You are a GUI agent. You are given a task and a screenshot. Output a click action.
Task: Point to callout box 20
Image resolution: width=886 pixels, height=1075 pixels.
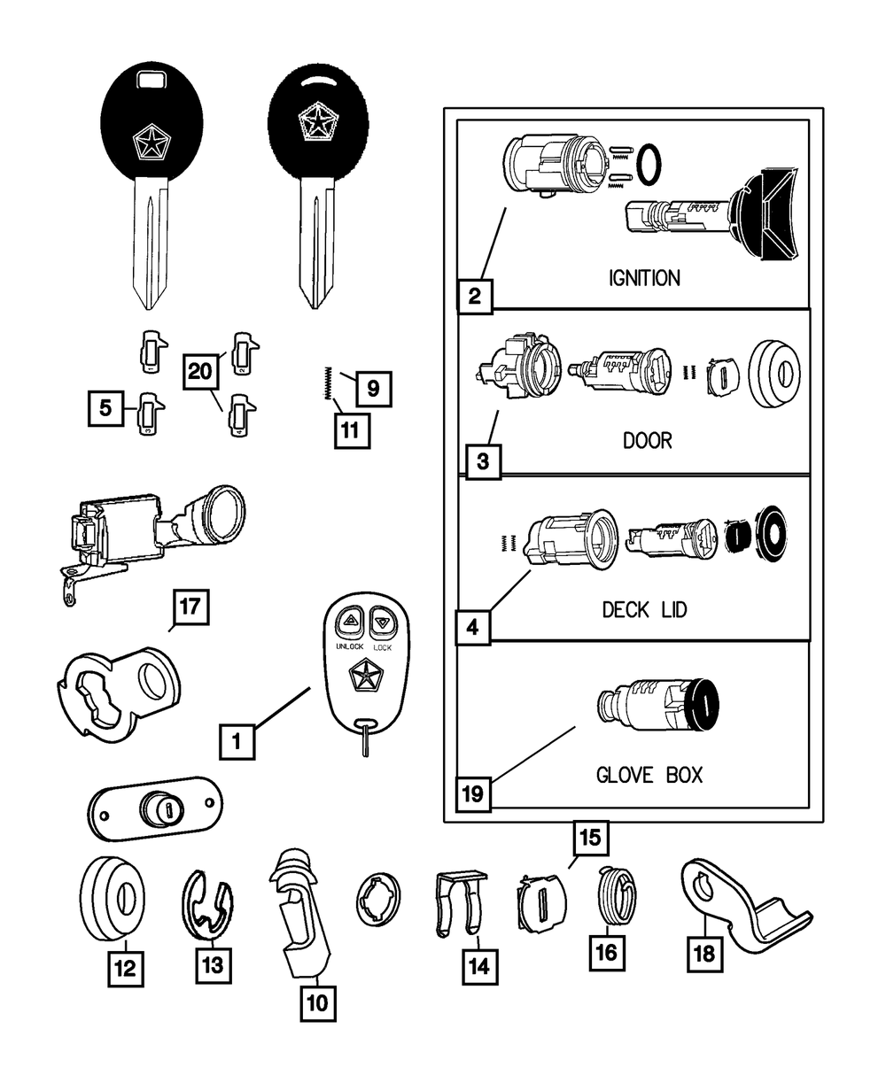(x=201, y=371)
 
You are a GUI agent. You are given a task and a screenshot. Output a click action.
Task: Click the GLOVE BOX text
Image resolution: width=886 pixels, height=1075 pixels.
(x=649, y=775)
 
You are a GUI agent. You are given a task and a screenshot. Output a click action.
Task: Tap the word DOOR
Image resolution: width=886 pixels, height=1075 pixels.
(x=648, y=440)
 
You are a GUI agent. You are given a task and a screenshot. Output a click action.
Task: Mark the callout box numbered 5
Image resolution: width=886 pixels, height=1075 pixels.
(x=105, y=409)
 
